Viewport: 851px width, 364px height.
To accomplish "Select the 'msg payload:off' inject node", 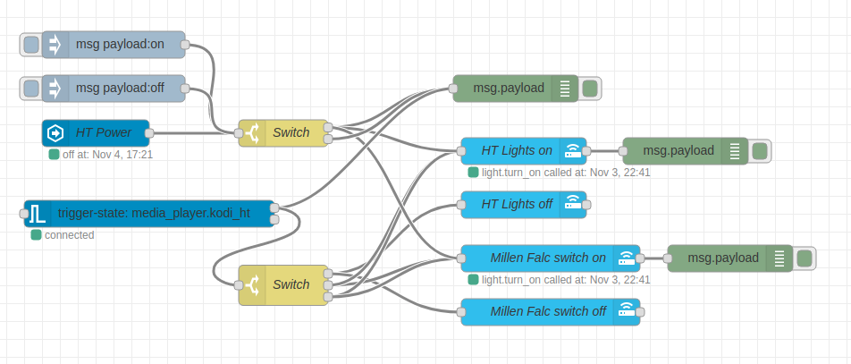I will click(124, 88).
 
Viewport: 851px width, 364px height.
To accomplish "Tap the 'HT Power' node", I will click(103, 133).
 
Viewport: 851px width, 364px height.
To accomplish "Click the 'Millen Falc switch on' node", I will click(547, 258).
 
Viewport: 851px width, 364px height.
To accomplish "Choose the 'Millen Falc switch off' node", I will click(547, 311).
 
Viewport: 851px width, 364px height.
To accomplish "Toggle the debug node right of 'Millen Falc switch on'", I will click(805, 258).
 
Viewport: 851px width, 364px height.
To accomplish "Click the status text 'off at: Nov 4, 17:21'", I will click(107, 155).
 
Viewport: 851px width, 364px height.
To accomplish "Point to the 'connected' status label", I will click(69, 235).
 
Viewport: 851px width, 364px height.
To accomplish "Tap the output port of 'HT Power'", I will click(149, 133).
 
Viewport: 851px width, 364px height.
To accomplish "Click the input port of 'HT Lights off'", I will click(461, 204).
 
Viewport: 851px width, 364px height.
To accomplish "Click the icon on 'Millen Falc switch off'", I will click(628, 311).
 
